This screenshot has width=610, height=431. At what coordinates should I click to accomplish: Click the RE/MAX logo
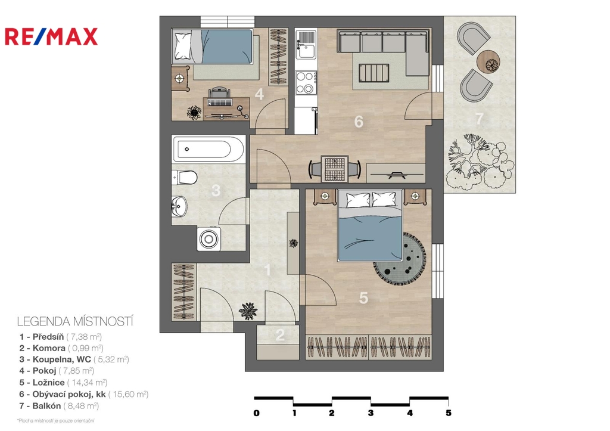[51, 36]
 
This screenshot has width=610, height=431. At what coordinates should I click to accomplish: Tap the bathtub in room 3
[209, 148]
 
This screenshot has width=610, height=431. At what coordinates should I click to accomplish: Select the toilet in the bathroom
[185, 178]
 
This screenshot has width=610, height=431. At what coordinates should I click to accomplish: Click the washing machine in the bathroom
[209, 238]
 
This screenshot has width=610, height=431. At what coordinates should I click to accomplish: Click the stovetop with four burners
[306, 82]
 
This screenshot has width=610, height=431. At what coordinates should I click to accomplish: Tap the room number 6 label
[359, 122]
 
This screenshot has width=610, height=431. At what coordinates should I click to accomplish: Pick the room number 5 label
[363, 298]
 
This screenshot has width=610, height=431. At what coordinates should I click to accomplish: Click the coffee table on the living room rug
[374, 73]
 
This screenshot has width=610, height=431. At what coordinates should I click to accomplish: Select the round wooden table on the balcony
[488, 61]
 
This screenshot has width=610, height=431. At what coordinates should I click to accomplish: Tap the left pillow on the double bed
[358, 200]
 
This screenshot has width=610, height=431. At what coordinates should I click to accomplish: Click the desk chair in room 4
[220, 97]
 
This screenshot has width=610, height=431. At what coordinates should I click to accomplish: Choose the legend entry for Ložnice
[63, 383]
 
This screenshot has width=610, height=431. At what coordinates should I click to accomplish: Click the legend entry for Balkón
[59, 406]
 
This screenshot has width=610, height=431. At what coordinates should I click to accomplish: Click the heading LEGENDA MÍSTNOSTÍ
[75, 321]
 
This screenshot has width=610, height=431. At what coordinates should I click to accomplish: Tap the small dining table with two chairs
[335, 169]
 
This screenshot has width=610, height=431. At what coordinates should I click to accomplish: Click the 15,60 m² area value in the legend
[129, 395]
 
